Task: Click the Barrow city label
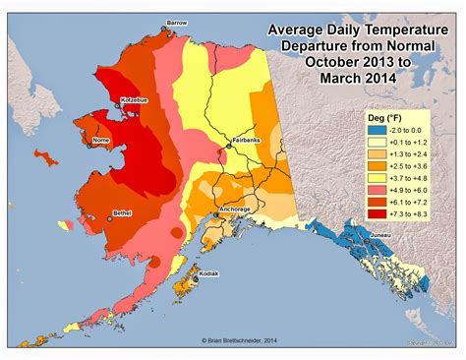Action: [178, 21]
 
